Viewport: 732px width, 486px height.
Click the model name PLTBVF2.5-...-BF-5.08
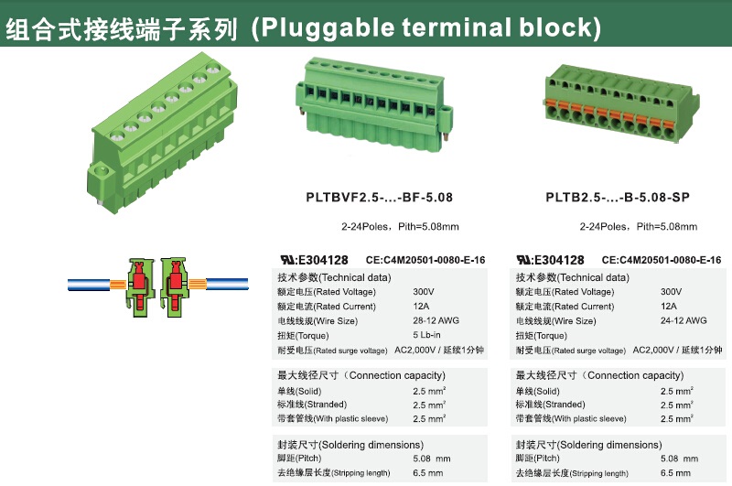point(379,198)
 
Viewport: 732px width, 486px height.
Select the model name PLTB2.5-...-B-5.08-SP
point(618,198)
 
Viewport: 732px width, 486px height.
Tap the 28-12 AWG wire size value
point(436,320)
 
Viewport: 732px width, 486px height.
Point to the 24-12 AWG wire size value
point(684,320)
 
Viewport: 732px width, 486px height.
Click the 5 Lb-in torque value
point(426,335)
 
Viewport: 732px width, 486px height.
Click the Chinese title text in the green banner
point(122,29)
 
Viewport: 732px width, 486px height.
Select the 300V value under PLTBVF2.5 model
point(424,292)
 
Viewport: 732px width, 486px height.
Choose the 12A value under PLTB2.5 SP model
point(669,307)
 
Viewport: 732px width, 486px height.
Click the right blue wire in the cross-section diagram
point(227,284)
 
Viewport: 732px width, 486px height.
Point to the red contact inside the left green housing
point(139,285)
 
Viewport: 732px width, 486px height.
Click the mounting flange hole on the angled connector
point(101,171)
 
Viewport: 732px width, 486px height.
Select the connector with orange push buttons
point(622,103)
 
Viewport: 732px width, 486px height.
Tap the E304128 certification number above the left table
point(323,260)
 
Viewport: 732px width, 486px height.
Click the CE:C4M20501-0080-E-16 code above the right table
point(662,260)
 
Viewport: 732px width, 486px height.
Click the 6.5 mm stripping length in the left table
point(427,473)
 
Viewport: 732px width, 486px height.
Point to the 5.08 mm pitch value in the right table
point(679,459)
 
